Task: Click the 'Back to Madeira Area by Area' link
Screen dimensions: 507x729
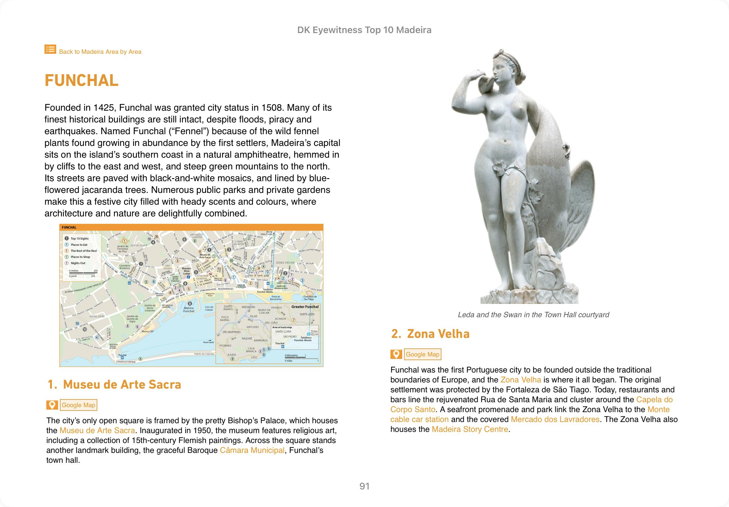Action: pyautogui.click(x=100, y=52)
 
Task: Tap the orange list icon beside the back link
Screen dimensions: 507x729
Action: pyautogui.click(x=50, y=49)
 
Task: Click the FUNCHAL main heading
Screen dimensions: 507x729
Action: pyautogui.click(x=82, y=80)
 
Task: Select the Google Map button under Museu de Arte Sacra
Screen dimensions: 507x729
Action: pyautogui.click(x=78, y=405)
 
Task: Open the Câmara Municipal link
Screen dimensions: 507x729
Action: pyautogui.click(x=252, y=450)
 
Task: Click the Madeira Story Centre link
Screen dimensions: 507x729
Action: pyautogui.click(x=470, y=429)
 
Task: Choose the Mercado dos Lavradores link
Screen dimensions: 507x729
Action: pyautogui.click(x=555, y=419)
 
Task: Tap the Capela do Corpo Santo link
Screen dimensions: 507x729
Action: pyautogui.click(x=654, y=400)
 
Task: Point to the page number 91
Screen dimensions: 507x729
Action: pyautogui.click(x=364, y=486)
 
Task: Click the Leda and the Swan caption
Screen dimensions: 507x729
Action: pyautogui.click(x=533, y=315)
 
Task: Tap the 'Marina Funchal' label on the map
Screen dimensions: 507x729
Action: pyautogui.click(x=188, y=309)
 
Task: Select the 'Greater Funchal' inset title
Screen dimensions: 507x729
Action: pyautogui.click(x=305, y=307)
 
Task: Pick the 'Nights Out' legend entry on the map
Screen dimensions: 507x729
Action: pyautogui.click(x=78, y=263)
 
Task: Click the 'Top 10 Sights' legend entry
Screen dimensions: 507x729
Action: pyautogui.click(x=79, y=239)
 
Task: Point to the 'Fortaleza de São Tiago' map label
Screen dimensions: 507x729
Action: pyautogui.click(x=310, y=298)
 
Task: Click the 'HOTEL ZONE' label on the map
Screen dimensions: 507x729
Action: pyautogui.click(x=97, y=316)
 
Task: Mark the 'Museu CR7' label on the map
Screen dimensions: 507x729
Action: pyautogui.click(x=148, y=331)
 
